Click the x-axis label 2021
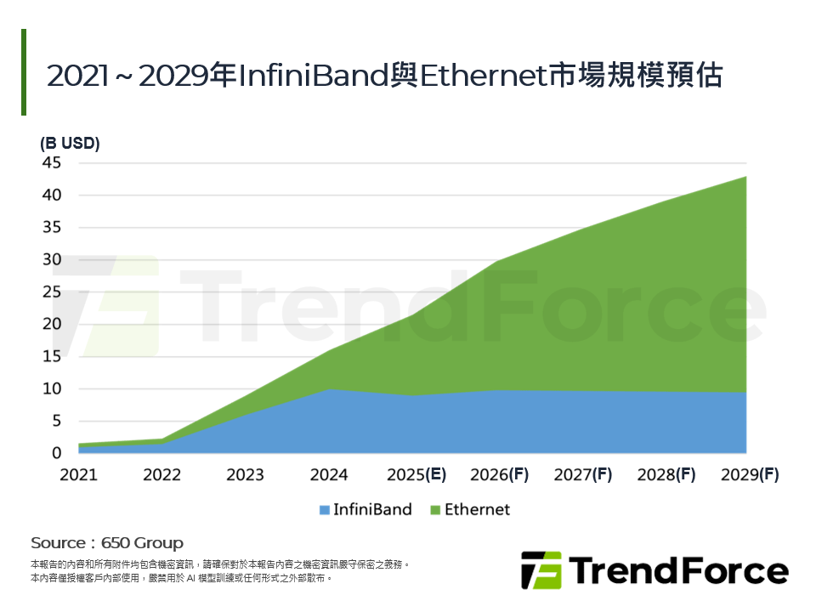(x=79, y=474)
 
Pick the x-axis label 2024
(x=328, y=474)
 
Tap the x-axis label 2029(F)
(x=748, y=474)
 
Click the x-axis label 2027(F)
(x=582, y=474)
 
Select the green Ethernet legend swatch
(x=436, y=511)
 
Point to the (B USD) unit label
(x=70, y=144)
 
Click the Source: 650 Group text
(x=107, y=542)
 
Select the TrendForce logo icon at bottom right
(x=541, y=569)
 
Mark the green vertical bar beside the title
(x=24, y=72)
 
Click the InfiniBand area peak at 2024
(x=329, y=389)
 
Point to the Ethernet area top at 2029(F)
(x=745, y=177)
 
